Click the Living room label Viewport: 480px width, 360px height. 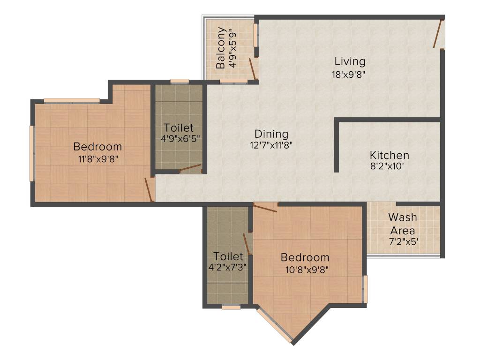(350, 61)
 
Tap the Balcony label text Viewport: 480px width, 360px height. (221, 48)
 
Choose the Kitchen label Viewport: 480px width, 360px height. (389, 155)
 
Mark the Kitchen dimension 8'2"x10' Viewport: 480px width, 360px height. (389, 166)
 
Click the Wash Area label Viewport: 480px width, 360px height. (403, 224)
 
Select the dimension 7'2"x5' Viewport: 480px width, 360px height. (403, 242)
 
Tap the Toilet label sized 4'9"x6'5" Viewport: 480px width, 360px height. (179, 127)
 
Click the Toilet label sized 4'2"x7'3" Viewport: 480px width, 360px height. (228, 256)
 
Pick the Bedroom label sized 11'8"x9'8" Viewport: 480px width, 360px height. (97, 147)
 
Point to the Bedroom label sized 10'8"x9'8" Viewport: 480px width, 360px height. (305, 257)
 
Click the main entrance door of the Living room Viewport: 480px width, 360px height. (439, 33)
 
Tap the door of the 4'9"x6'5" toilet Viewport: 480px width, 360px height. (190, 168)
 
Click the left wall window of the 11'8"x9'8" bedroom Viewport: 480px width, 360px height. (32, 153)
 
